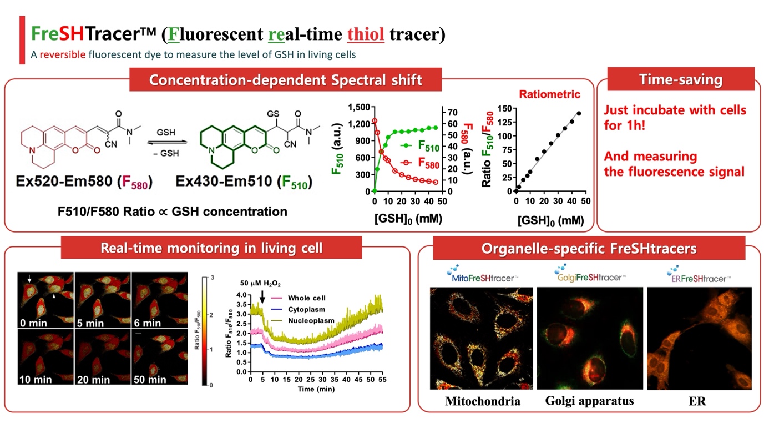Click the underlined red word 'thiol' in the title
click(x=366, y=34)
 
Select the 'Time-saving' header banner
click(x=681, y=79)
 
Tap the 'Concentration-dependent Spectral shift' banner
click(x=285, y=79)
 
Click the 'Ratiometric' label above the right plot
click(x=549, y=94)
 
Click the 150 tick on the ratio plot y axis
click(x=504, y=107)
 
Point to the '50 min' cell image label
click(x=150, y=380)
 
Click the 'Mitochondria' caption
click(x=482, y=401)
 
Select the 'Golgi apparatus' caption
click(x=589, y=400)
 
